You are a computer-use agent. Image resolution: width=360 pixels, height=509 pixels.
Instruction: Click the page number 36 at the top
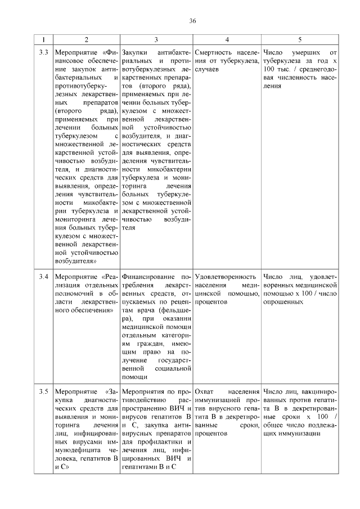[192, 21]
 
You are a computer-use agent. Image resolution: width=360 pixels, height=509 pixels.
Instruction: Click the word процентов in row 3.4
[211, 302]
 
